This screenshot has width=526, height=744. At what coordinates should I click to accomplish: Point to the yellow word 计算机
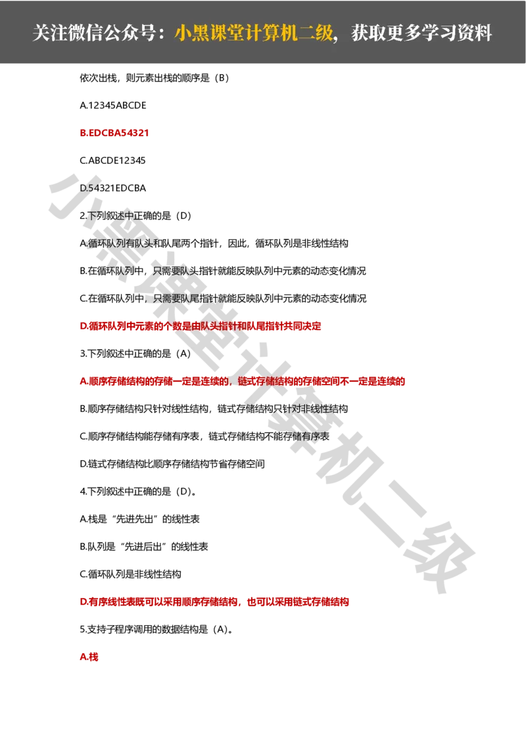tap(269, 34)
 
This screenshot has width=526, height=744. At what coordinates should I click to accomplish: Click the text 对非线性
tap(316, 408)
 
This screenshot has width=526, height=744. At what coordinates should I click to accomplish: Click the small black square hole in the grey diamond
tap(439, 549)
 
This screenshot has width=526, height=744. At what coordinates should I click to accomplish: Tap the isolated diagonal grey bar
tap(408, 500)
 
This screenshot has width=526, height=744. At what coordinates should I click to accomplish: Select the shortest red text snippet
tap(89, 657)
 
